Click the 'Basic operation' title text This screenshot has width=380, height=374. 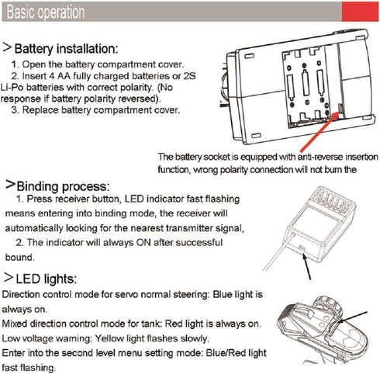point(46,12)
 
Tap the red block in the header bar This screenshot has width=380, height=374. point(360,12)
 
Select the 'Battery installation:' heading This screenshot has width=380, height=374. point(66,49)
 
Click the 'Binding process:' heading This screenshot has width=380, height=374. point(63,186)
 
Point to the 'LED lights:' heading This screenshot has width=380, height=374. point(47,279)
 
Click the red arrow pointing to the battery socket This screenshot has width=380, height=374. point(320,131)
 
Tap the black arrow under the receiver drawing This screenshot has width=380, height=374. point(307,267)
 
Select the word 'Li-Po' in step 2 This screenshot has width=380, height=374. point(12,88)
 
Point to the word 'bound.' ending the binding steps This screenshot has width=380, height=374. point(19,258)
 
